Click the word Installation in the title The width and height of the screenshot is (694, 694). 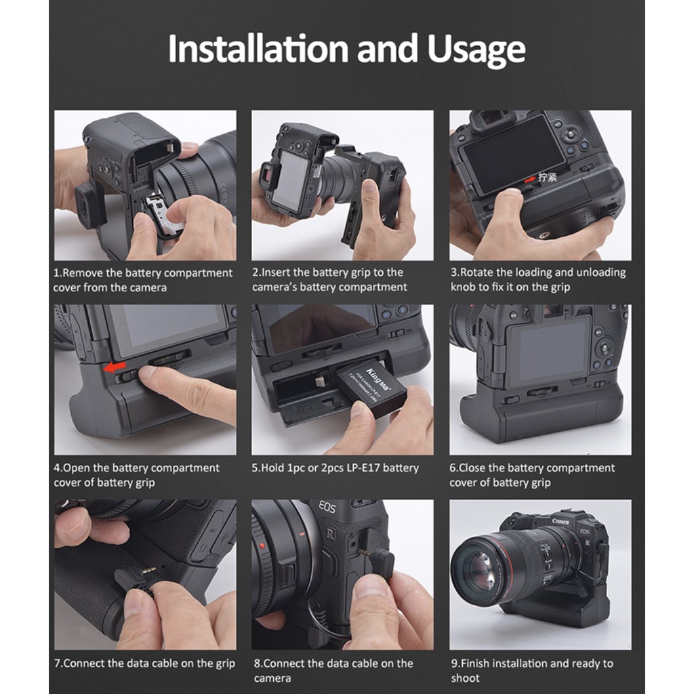coord(260,48)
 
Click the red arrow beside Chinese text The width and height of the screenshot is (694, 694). coord(530,180)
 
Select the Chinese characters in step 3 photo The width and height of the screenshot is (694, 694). coord(548,178)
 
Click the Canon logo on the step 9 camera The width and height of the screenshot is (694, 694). coord(560,521)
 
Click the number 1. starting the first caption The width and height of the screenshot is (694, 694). coord(58,273)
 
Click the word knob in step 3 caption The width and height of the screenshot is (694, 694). coord(462,287)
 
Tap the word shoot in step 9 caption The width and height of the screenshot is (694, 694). coord(465,678)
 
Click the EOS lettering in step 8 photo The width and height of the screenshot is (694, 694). coord(327,508)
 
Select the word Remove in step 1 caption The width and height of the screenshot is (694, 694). coord(83,273)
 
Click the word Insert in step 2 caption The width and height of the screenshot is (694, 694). coord(277,272)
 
